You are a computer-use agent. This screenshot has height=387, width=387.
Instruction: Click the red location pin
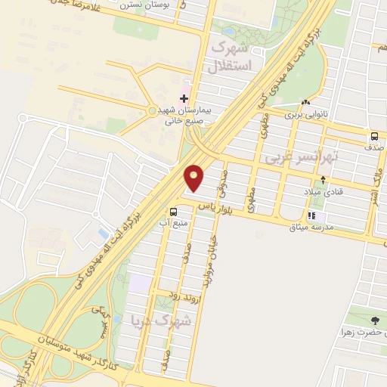click(x=194, y=178)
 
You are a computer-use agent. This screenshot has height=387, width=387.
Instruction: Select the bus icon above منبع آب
click(x=174, y=212)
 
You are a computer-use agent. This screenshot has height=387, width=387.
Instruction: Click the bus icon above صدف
click(x=375, y=137)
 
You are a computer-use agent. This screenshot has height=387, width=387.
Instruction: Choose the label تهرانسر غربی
click(x=299, y=157)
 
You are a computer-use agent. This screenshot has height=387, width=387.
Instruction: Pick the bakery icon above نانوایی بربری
click(x=305, y=103)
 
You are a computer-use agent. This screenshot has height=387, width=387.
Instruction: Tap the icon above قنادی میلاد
click(x=324, y=179)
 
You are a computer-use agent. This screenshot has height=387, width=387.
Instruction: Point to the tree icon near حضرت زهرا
click(x=376, y=321)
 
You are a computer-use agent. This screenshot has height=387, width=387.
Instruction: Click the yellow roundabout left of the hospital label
click(x=153, y=110)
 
